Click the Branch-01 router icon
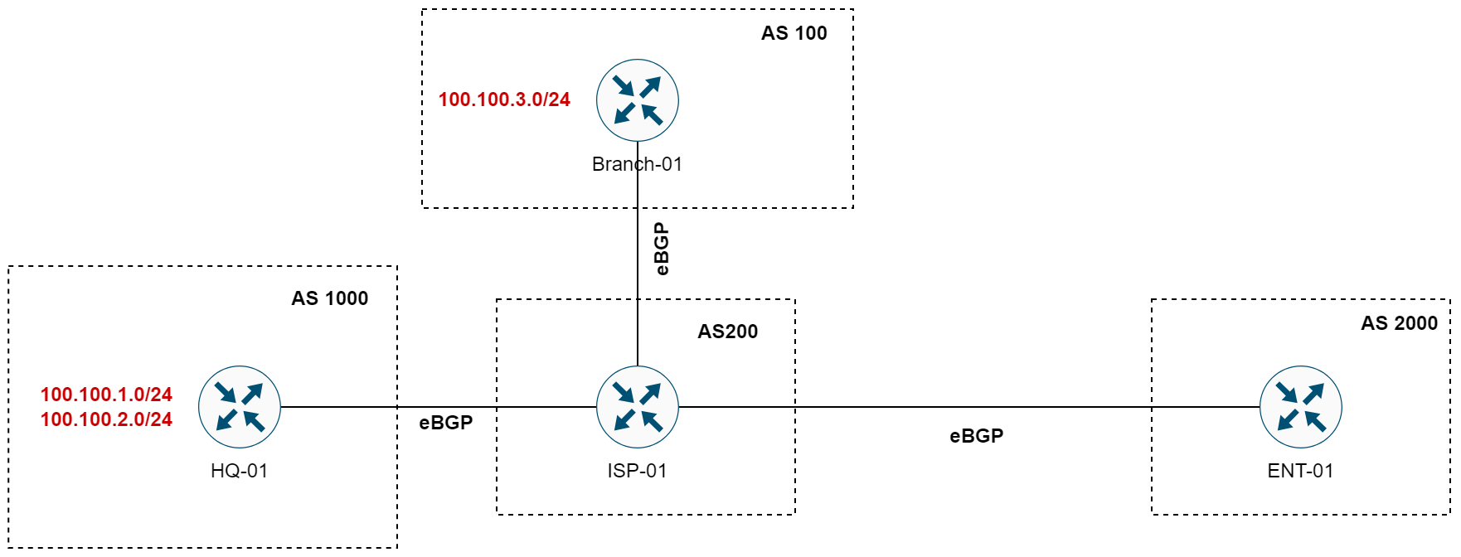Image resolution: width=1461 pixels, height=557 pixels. coord(637,100)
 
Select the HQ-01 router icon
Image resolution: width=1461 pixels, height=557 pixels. coord(239,407)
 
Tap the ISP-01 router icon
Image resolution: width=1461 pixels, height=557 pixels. coord(637,407)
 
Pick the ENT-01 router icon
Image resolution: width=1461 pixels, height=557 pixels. coord(1300,407)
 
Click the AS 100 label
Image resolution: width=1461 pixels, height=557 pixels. coord(794,33)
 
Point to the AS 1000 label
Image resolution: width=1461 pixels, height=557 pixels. coord(329,298)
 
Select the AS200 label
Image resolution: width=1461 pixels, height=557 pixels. coord(727,332)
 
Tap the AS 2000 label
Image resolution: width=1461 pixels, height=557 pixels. coord(1399,323)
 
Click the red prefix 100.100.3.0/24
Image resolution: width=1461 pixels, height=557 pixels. coord(504,99)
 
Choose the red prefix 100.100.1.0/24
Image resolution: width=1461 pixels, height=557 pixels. coord(106,395)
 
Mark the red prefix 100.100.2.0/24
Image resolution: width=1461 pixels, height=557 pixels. coord(106,419)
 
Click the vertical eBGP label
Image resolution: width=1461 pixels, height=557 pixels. coord(661,249)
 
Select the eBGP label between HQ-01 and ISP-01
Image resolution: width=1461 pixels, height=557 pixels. coord(445,423)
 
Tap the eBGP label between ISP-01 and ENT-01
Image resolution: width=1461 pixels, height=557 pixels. coord(976,436)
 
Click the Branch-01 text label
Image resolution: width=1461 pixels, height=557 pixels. coord(637,164)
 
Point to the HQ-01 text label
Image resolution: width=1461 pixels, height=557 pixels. coord(239,471)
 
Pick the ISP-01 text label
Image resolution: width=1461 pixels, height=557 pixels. coord(637,471)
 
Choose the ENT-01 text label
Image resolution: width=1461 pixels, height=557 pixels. coord(1300,471)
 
